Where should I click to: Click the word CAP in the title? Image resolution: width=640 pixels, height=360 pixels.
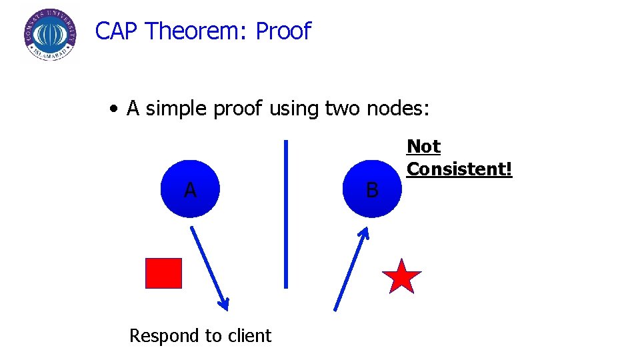pyautogui.click(x=117, y=31)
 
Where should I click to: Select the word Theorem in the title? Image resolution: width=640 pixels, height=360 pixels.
pyautogui.click(x=197, y=31)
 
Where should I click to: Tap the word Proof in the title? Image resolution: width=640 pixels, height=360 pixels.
pyautogui.click(x=283, y=31)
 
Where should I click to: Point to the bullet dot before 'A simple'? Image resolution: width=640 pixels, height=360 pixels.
pyautogui.click(x=116, y=109)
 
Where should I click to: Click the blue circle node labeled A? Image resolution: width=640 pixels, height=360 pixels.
pyautogui.click(x=191, y=189)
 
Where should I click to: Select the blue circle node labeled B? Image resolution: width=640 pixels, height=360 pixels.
pyautogui.click(x=372, y=189)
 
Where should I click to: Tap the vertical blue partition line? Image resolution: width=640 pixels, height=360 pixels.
pyautogui.click(x=286, y=213)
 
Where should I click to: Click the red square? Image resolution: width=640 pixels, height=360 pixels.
pyautogui.click(x=163, y=273)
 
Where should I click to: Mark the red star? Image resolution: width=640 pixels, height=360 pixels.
pyautogui.click(x=401, y=277)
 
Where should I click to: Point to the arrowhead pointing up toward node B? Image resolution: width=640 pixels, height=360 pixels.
pyautogui.click(x=364, y=232)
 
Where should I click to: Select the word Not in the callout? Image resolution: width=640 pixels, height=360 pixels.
pyautogui.click(x=423, y=146)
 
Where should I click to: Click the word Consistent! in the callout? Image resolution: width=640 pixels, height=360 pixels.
pyautogui.click(x=459, y=169)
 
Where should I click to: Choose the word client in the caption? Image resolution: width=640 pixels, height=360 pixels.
pyautogui.click(x=249, y=335)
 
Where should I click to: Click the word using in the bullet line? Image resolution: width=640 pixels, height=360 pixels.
pyautogui.click(x=295, y=109)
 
